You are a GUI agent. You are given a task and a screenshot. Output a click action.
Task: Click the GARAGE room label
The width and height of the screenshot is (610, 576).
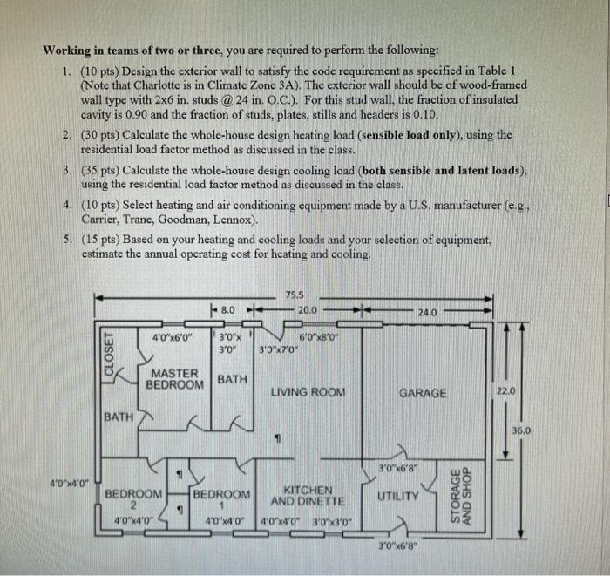422,393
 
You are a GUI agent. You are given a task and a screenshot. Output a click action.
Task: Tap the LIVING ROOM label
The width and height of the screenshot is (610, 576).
308,392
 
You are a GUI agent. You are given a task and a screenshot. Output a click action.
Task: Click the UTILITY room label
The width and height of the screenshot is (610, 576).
397,496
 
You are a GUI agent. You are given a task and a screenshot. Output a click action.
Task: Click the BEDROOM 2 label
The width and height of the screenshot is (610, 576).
133,499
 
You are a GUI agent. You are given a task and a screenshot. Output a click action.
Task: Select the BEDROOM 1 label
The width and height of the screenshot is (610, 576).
221,499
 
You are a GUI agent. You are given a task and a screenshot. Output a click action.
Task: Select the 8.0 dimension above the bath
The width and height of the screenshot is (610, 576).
227,309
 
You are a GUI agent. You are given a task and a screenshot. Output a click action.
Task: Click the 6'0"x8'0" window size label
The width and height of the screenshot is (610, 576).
318,337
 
